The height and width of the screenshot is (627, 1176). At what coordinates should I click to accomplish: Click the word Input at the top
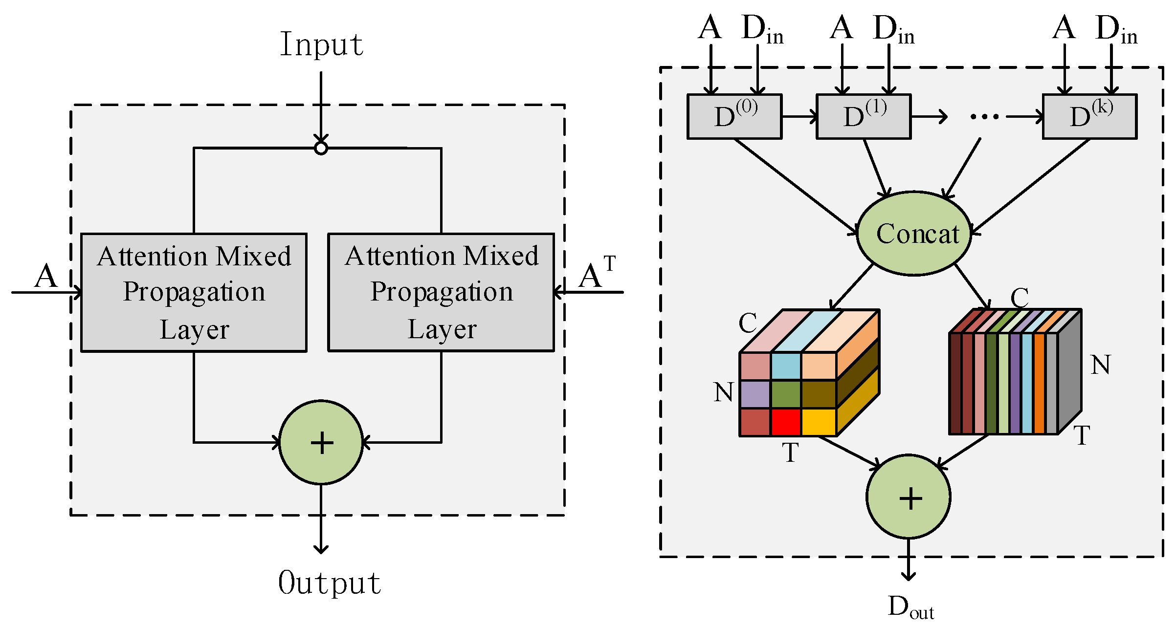[321, 44]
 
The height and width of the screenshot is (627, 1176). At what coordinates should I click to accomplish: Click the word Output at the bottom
[330, 583]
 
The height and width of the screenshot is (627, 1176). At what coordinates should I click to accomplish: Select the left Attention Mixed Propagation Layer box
[194, 292]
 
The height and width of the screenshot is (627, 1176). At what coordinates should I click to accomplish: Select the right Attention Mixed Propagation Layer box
[441, 292]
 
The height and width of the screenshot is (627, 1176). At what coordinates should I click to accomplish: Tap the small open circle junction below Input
[321, 148]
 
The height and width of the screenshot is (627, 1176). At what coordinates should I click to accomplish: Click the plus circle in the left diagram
[321, 443]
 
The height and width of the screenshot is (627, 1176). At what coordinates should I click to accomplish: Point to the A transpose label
[596, 274]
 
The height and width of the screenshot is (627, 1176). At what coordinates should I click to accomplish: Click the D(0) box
[734, 117]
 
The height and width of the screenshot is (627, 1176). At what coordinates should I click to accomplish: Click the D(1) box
[864, 117]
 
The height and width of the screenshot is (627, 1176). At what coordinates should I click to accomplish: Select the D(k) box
[1089, 117]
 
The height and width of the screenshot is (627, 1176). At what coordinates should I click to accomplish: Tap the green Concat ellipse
[914, 234]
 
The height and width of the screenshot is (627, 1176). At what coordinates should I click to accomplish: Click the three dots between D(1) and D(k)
[984, 117]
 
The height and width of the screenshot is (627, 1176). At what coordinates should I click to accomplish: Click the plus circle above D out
[909, 497]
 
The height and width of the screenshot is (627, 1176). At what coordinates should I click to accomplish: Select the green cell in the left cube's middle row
[786, 394]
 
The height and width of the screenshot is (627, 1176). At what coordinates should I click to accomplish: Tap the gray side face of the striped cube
[1070, 371]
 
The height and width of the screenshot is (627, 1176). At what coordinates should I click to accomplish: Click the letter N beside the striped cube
[1100, 365]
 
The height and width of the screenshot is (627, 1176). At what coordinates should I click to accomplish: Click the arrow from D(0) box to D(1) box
[799, 117]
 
